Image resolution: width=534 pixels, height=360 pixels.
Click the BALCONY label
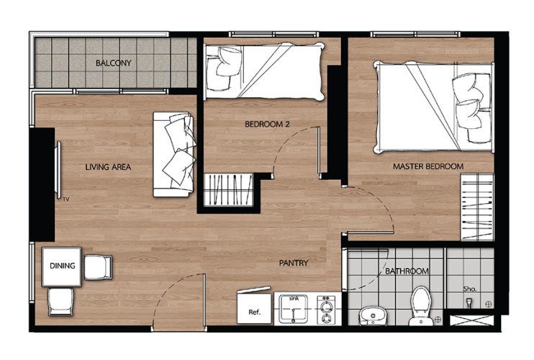(x=114, y=63)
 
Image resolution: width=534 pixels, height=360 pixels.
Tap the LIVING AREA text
(x=108, y=167)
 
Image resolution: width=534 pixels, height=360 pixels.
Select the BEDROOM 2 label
(x=267, y=125)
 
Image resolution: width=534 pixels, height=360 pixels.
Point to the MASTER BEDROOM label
(x=428, y=166)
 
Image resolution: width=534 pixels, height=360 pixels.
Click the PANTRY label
(x=294, y=263)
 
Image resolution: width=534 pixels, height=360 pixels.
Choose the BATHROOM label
(x=407, y=271)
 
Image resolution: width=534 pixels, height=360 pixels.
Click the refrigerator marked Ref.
(x=254, y=308)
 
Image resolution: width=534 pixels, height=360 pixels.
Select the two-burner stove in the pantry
(x=326, y=310)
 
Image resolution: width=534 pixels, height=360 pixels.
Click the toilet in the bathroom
(x=421, y=305)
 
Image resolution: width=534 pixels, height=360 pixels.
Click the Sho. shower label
(x=470, y=289)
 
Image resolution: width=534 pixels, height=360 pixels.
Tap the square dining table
(x=62, y=266)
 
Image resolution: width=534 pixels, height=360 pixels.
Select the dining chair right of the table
(x=98, y=267)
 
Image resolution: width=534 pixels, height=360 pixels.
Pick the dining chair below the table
(x=61, y=302)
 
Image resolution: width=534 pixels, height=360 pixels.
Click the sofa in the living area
(x=174, y=154)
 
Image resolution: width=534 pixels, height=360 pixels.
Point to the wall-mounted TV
(x=58, y=170)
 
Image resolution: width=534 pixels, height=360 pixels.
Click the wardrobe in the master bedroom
(x=477, y=207)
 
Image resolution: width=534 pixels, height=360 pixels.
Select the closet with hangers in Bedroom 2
(x=229, y=189)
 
